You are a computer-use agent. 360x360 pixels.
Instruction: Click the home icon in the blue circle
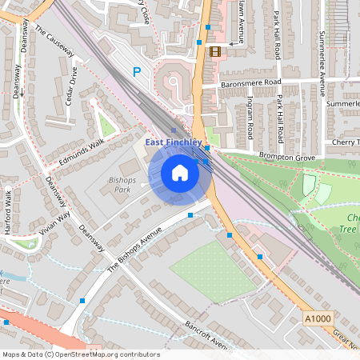pos(180,173)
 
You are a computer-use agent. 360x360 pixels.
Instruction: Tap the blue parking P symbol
pos(137,72)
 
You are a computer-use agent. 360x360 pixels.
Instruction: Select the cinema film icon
pos(214,51)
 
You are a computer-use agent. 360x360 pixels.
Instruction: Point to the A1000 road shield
pos(317,318)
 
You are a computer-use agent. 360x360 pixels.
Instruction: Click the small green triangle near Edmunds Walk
pos(106,126)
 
